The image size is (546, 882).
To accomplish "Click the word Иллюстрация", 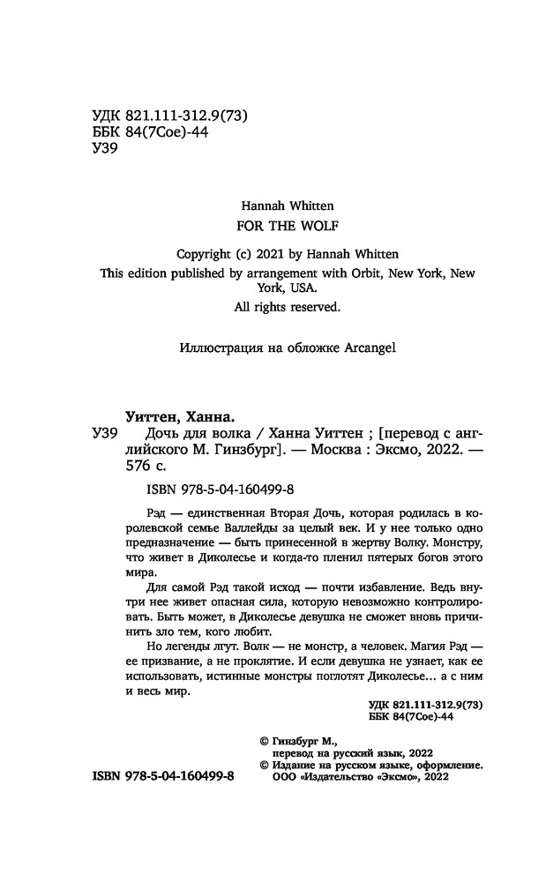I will [x=218, y=347].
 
